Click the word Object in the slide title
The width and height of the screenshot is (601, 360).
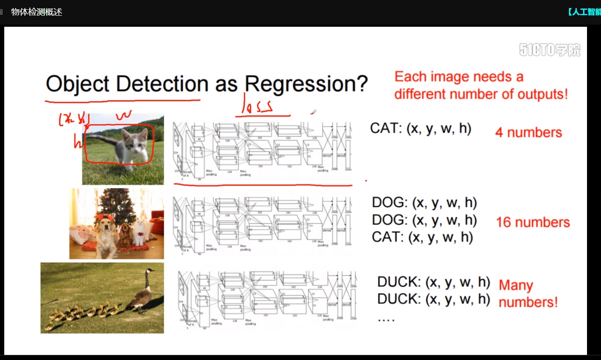(77, 84)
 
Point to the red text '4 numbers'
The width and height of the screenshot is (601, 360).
(528, 132)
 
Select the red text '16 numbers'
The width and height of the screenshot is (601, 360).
(533, 222)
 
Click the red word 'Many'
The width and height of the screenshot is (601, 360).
(516, 285)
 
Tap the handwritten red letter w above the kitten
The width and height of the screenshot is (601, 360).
(124, 115)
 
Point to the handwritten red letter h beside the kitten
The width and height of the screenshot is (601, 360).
(77, 143)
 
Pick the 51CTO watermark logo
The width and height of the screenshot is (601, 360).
(550, 50)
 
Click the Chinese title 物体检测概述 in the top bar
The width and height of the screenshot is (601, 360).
(37, 12)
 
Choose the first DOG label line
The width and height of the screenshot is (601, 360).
(424, 202)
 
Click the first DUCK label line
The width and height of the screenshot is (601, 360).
(433, 282)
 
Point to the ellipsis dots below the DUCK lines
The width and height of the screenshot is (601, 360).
(386, 320)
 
